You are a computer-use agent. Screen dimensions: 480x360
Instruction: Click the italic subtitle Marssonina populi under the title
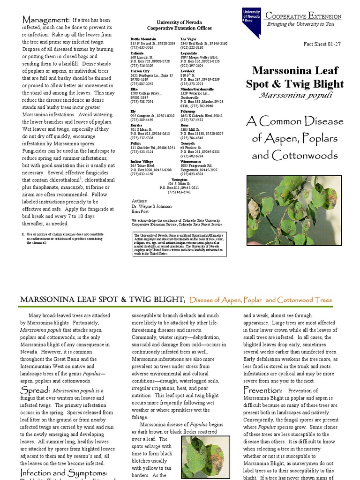tap(295, 95)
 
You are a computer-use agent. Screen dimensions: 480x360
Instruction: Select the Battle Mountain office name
tap(142, 38)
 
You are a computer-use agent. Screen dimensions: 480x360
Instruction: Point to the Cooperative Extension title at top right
tap(303, 16)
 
